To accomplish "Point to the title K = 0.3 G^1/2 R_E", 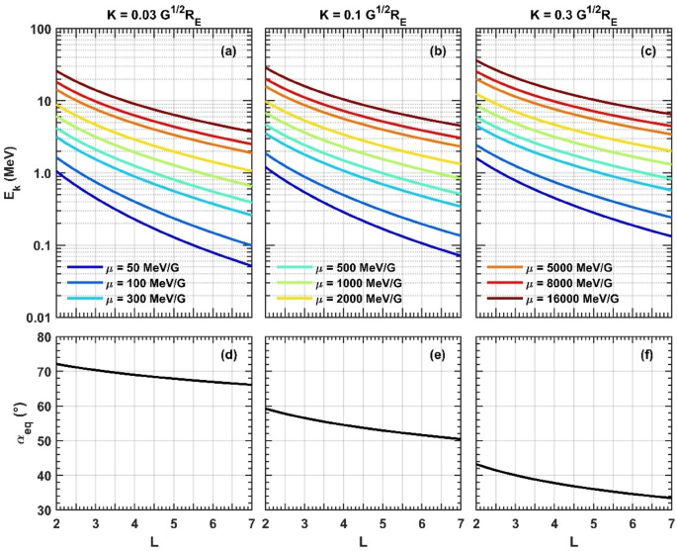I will [574, 11].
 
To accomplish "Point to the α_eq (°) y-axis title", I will [15, 422].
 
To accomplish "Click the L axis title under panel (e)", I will [365, 540].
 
